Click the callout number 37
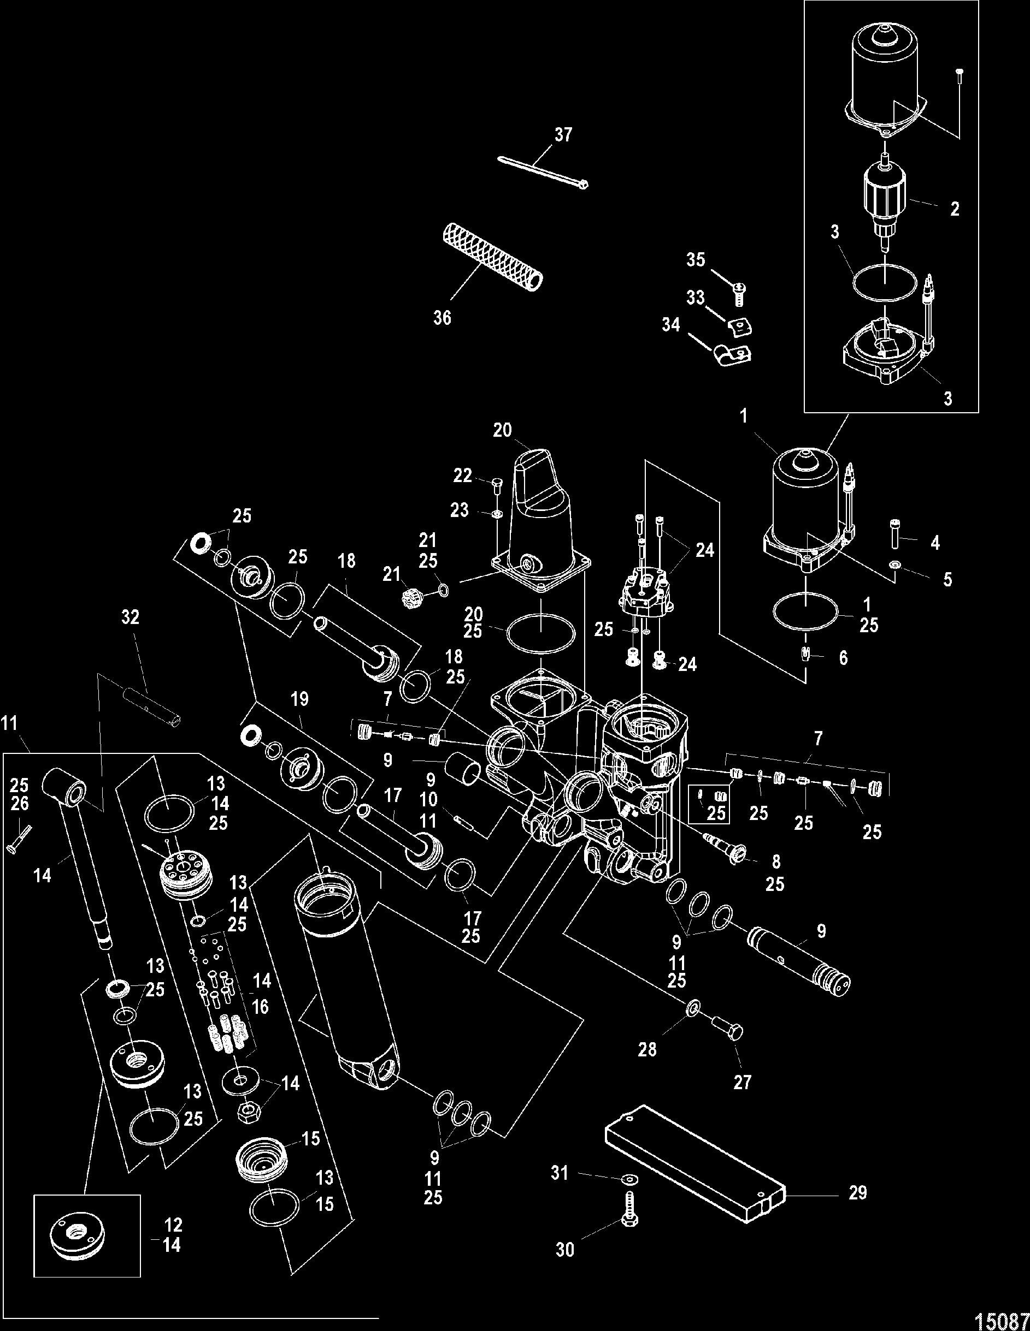pos(563,134)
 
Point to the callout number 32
pos(130,618)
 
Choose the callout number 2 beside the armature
pos(955,209)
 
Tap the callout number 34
pos(672,325)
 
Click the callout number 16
pos(261,1006)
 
